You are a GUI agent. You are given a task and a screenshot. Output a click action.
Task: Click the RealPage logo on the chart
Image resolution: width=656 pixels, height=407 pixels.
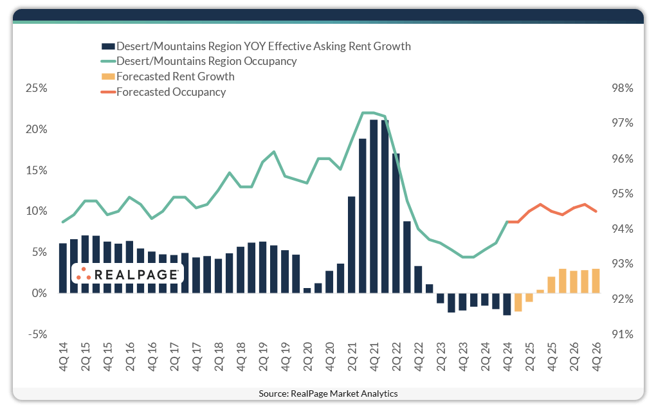(127, 274)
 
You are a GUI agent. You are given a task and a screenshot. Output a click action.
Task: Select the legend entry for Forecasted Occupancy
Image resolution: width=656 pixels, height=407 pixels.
(170, 92)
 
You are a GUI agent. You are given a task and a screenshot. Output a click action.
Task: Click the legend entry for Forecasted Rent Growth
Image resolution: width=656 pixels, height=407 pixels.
(175, 77)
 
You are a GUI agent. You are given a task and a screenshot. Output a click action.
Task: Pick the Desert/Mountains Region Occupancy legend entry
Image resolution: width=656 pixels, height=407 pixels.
(206, 62)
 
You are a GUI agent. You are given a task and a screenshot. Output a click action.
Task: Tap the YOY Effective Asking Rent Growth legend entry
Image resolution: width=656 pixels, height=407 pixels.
(263, 46)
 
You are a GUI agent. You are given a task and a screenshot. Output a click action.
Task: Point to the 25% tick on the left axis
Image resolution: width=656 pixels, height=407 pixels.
(35, 88)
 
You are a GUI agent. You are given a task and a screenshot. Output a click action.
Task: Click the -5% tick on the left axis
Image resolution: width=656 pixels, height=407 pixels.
(37, 334)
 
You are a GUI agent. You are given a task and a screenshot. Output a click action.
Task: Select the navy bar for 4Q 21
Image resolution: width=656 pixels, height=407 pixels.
(374, 206)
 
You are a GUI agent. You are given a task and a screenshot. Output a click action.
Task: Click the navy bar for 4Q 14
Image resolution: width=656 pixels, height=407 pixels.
(63, 267)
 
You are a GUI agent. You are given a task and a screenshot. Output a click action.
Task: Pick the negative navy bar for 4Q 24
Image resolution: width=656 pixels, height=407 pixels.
(507, 303)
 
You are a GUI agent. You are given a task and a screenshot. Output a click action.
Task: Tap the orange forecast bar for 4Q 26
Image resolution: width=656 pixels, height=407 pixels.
(596, 280)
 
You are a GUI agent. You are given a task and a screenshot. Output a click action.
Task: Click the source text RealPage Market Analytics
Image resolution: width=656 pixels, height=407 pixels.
(328, 393)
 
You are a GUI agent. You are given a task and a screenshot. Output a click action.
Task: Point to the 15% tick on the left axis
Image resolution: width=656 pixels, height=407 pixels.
(35, 170)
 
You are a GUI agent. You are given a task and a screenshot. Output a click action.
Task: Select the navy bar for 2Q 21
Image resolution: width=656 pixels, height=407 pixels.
(351, 244)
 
